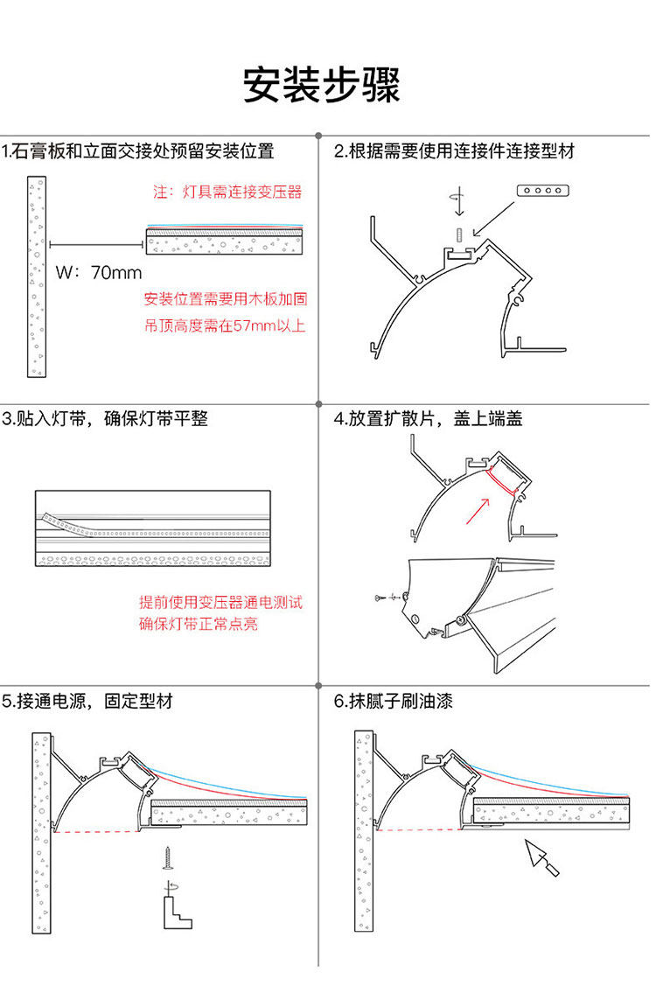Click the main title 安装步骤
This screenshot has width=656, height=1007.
321,86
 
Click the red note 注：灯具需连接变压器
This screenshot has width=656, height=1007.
227,192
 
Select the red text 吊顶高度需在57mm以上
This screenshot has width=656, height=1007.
225,326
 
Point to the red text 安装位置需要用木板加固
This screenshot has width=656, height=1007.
225,300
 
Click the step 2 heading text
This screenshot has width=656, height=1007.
455,152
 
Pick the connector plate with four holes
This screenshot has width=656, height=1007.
543,190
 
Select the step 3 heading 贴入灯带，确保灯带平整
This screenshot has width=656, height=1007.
106,419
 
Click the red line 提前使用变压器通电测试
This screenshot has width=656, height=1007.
221,603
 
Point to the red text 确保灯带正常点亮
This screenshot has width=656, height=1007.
199,625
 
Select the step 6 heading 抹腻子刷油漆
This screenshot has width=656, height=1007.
394,702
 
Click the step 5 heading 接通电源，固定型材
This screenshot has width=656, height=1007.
87,702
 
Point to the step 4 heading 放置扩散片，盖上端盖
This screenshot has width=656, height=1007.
429,419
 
